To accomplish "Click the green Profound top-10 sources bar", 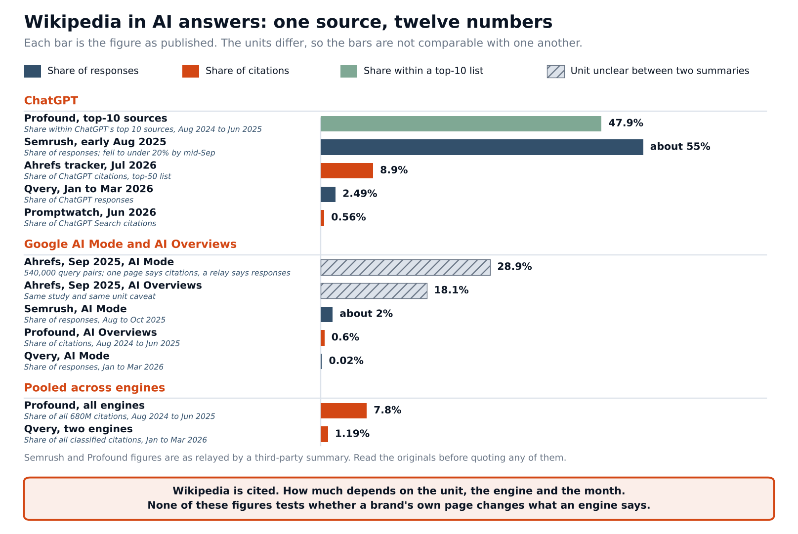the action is (x=461, y=123).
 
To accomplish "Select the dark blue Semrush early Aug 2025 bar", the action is (x=482, y=147).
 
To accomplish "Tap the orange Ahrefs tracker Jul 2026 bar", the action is (x=347, y=170).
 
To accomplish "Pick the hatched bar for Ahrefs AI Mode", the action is (x=405, y=267).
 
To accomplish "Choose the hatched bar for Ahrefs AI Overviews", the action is (x=374, y=290).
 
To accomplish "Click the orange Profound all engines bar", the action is (x=343, y=411).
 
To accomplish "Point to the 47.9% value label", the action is (x=626, y=123).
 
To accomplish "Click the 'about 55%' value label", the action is (x=680, y=146).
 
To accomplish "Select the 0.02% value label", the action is (x=346, y=361).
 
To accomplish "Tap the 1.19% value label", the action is (x=352, y=434).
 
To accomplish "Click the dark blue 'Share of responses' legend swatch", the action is (x=33, y=71).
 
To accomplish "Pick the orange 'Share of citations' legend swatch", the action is (x=191, y=71).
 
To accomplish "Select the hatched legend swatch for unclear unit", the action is (x=556, y=71).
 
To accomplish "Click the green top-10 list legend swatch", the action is (x=349, y=71).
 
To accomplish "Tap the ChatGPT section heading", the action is (x=51, y=100).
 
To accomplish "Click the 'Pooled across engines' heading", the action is (x=94, y=388).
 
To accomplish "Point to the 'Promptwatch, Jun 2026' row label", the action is (x=90, y=212).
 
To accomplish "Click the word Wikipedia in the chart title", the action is (x=73, y=22).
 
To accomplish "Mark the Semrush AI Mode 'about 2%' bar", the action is (x=326, y=315).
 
